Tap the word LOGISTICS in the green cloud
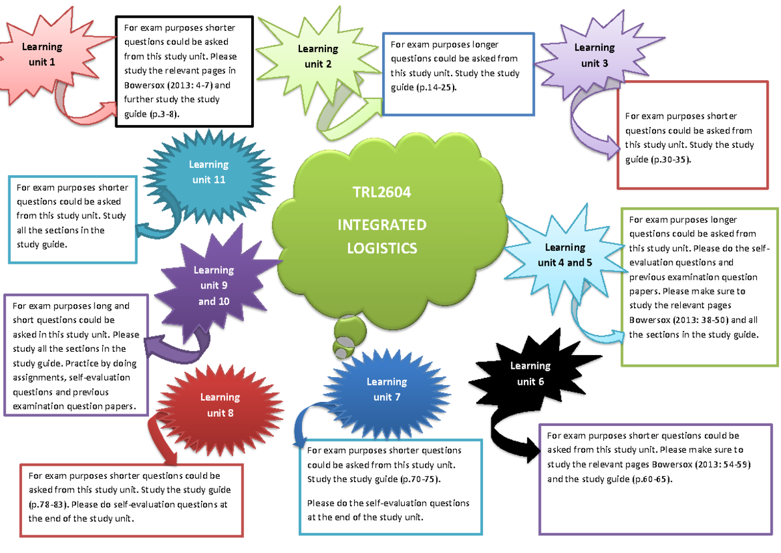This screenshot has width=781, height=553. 382,248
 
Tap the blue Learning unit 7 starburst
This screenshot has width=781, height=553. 387,389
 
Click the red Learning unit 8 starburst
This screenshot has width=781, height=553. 219,404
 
